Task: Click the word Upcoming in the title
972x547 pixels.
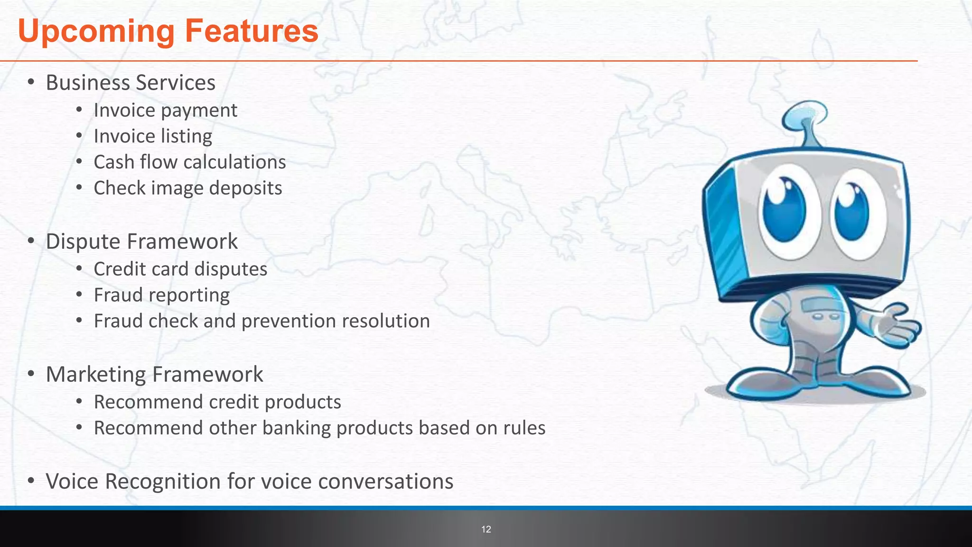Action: (96, 31)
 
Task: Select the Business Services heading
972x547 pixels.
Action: (131, 83)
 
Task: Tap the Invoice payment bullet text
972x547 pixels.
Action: (165, 111)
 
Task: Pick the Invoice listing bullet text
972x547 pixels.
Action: (153, 136)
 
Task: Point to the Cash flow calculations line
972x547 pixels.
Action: (189, 162)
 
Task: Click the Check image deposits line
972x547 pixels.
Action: (187, 188)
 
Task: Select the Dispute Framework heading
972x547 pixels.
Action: (141, 241)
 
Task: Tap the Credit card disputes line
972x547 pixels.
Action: (180, 269)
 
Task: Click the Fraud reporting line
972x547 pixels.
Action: (161, 295)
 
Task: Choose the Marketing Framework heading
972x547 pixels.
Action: (154, 374)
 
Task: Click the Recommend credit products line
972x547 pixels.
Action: (217, 402)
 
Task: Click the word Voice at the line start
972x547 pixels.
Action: (72, 481)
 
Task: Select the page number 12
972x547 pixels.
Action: (486, 529)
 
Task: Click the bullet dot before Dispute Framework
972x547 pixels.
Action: (31, 241)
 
